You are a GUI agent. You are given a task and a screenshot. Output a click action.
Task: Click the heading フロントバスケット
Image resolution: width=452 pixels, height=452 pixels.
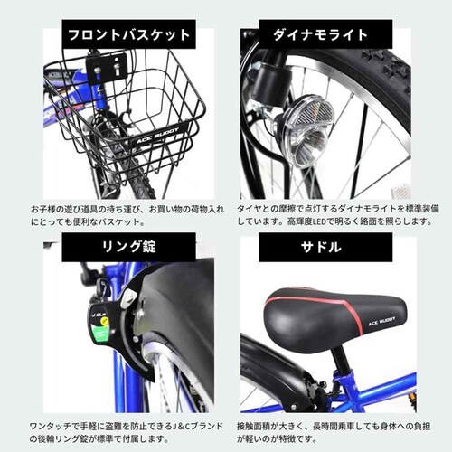pos(128,34)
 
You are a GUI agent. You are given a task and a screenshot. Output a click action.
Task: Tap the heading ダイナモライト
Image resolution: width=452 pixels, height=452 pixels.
pos(321,34)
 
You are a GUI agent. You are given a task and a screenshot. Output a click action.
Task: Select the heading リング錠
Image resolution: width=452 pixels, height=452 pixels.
pos(128,247)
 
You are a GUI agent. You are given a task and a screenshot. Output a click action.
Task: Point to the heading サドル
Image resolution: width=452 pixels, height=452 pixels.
pos(321,247)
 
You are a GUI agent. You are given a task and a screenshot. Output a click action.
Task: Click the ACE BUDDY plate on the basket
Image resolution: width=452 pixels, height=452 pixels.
pos(159,136)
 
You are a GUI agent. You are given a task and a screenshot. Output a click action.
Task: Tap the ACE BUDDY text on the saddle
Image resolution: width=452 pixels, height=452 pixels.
pos(381,321)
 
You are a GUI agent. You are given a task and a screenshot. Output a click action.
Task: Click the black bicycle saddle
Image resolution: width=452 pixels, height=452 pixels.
pos(335,317)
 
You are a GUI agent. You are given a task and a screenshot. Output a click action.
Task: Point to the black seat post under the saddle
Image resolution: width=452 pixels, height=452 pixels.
pos(341,361)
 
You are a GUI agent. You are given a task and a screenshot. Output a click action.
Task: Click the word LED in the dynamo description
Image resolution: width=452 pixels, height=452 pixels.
pos(319,222)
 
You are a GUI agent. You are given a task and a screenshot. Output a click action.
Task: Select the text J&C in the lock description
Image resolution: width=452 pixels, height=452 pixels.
pos(182,427)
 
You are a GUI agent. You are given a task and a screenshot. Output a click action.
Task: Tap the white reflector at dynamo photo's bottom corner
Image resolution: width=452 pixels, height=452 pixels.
pos(400,193)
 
